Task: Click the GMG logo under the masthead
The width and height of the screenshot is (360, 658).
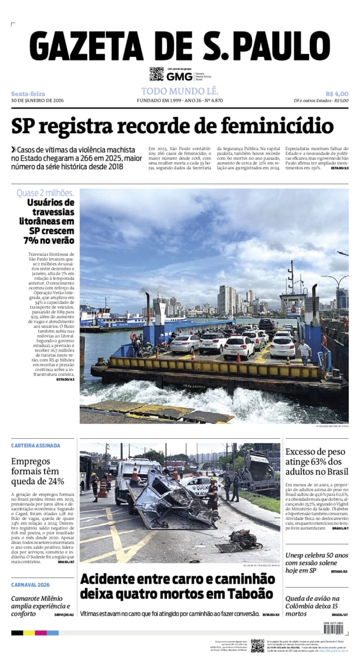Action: tap(179, 77)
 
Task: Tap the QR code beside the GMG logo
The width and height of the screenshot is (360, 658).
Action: tap(156, 74)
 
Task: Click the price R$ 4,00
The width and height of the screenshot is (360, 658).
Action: tap(336, 93)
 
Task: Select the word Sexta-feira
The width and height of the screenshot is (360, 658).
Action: tap(28, 93)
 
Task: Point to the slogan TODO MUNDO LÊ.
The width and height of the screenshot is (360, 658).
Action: tap(179, 91)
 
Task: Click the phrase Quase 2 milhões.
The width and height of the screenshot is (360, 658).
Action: tap(45, 193)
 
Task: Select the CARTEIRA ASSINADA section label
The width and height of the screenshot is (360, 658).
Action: tap(35, 445)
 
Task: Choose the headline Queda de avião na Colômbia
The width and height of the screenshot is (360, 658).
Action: tap(312, 606)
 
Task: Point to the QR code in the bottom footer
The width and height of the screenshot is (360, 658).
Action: tap(258, 645)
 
